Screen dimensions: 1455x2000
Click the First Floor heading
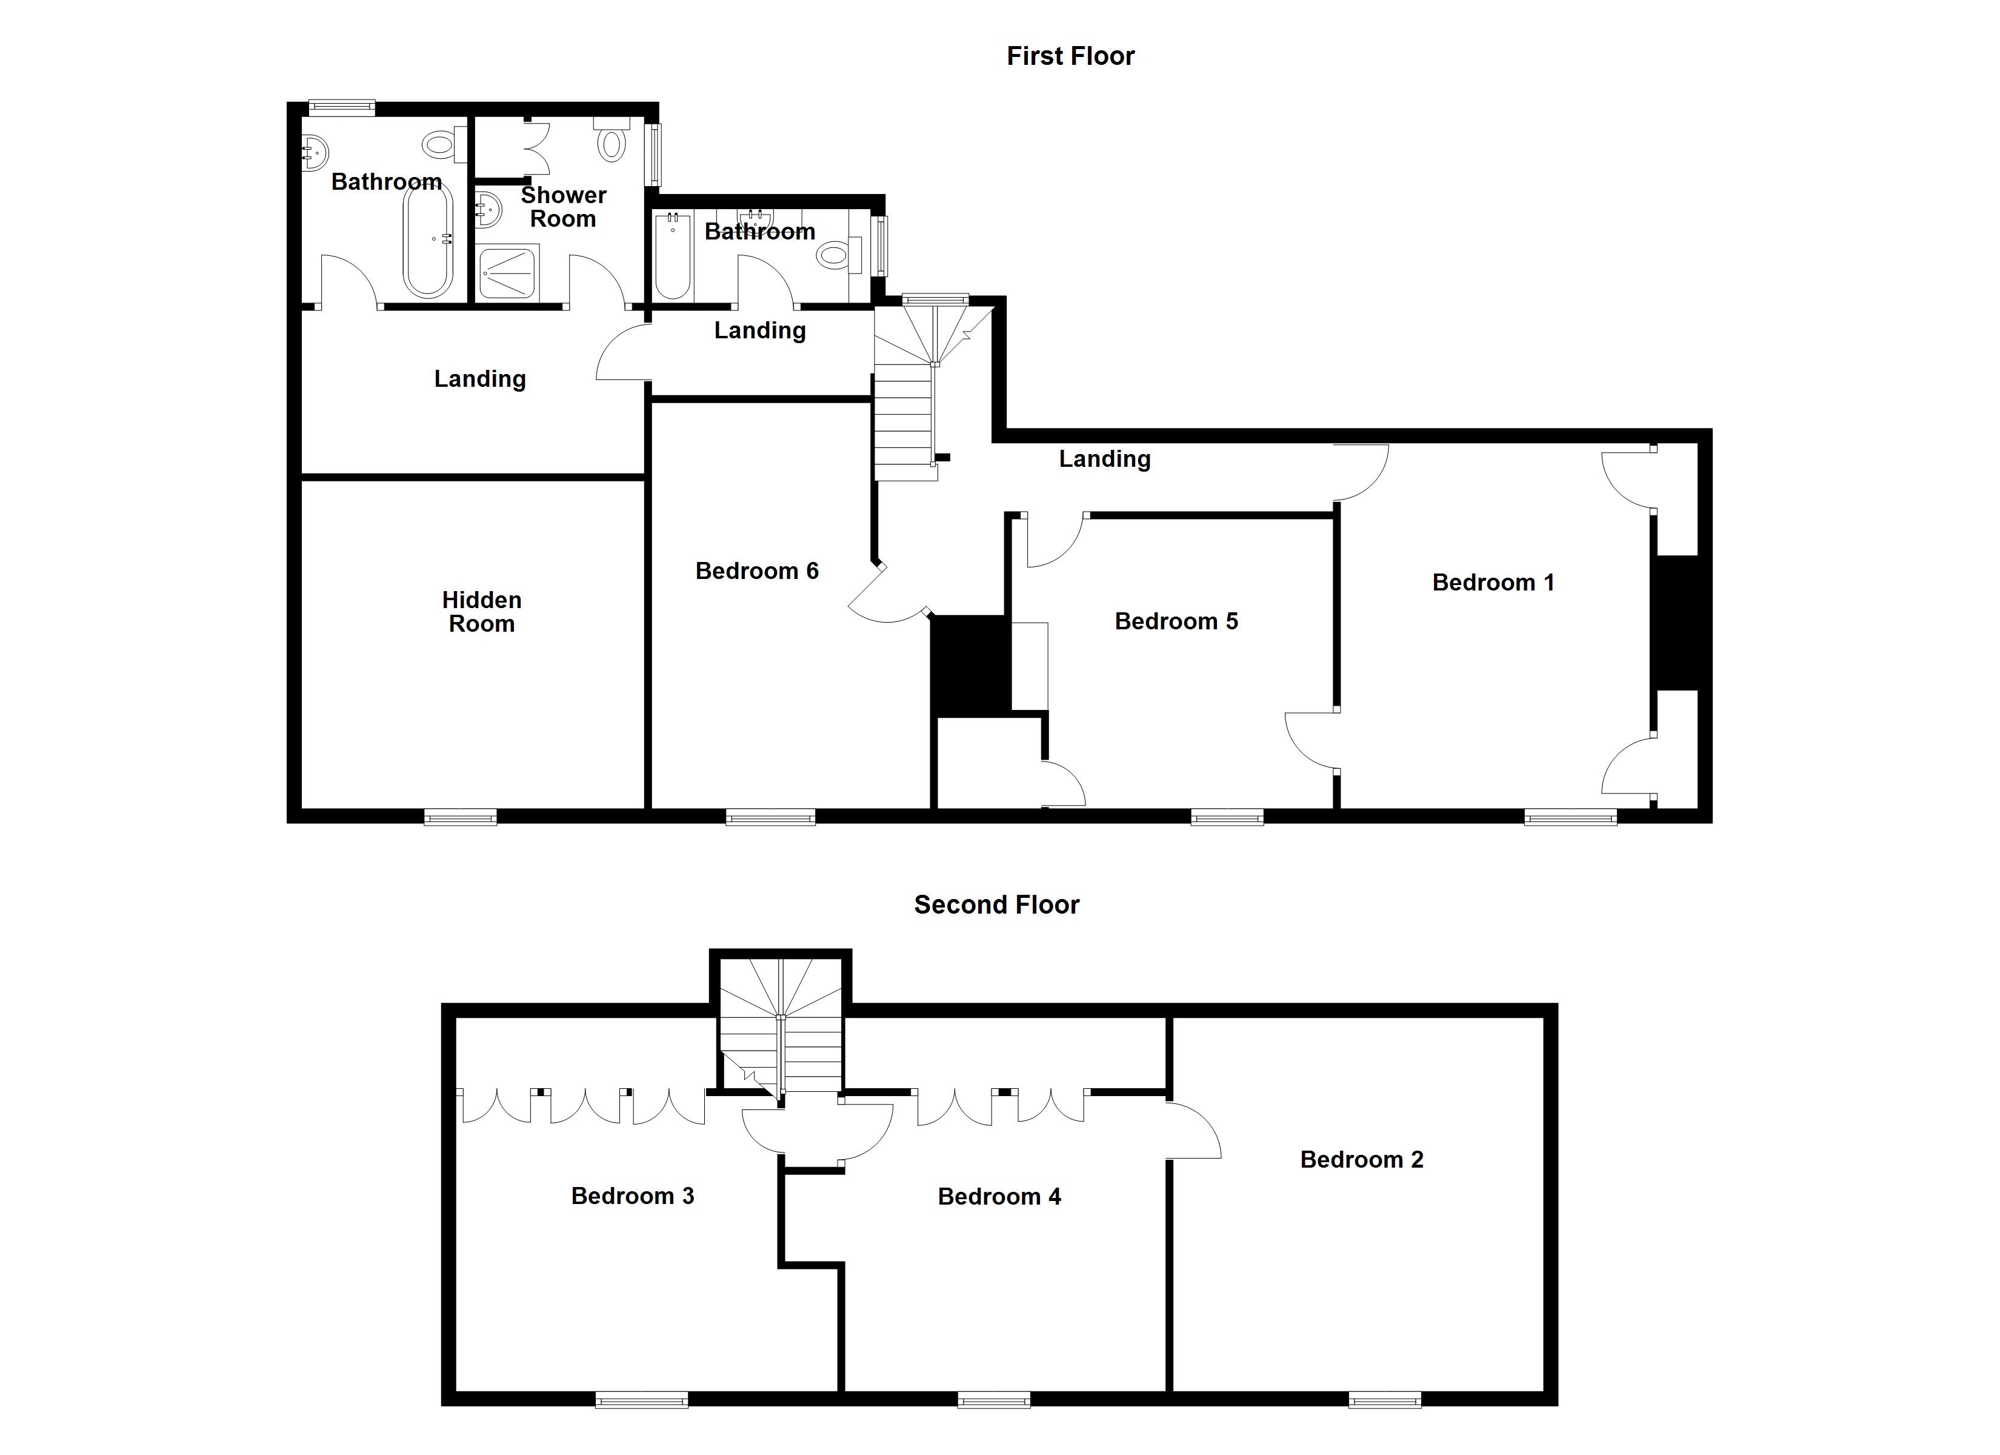(x=1070, y=56)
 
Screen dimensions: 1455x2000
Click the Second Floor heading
(x=996, y=905)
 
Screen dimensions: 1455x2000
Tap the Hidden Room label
(x=481, y=612)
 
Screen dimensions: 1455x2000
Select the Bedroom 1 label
(x=1492, y=583)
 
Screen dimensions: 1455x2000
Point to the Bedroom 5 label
(x=1176, y=621)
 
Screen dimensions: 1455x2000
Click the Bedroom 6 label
(x=756, y=571)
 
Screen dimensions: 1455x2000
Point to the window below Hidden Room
(x=461, y=817)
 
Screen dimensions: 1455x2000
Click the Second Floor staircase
(x=781, y=1032)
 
